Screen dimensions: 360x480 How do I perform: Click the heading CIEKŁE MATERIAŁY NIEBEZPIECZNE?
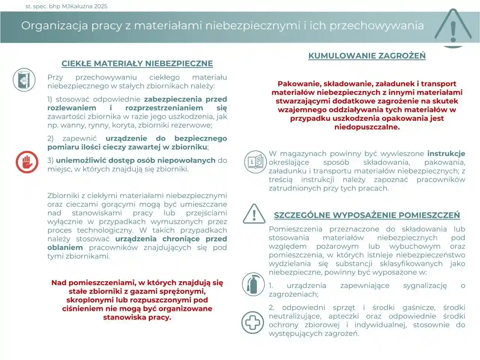coord(137,64)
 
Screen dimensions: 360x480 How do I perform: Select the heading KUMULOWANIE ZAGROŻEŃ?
coord(367,56)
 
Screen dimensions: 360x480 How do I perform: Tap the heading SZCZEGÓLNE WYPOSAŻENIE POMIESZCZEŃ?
coord(367,215)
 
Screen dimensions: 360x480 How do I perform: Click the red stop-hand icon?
coord(27,162)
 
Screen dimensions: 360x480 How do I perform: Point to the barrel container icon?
coord(24,80)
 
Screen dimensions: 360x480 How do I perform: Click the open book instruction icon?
coord(255,162)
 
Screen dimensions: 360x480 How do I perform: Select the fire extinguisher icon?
coord(253,284)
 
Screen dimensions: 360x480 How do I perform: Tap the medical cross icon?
coord(253,322)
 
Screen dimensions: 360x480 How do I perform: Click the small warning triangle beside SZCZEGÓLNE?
coord(254,214)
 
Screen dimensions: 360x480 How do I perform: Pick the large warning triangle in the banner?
coord(453,27)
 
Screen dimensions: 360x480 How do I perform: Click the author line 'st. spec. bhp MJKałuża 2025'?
coord(66,6)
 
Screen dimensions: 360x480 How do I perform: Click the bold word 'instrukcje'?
coord(446,154)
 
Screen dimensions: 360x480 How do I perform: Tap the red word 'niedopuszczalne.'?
coord(367,127)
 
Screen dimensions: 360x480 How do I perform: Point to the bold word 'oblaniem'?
coord(65,247)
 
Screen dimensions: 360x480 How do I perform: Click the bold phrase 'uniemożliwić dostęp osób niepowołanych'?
coord(136,160)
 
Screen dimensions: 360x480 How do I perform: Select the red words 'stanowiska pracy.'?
coord(137,317)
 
